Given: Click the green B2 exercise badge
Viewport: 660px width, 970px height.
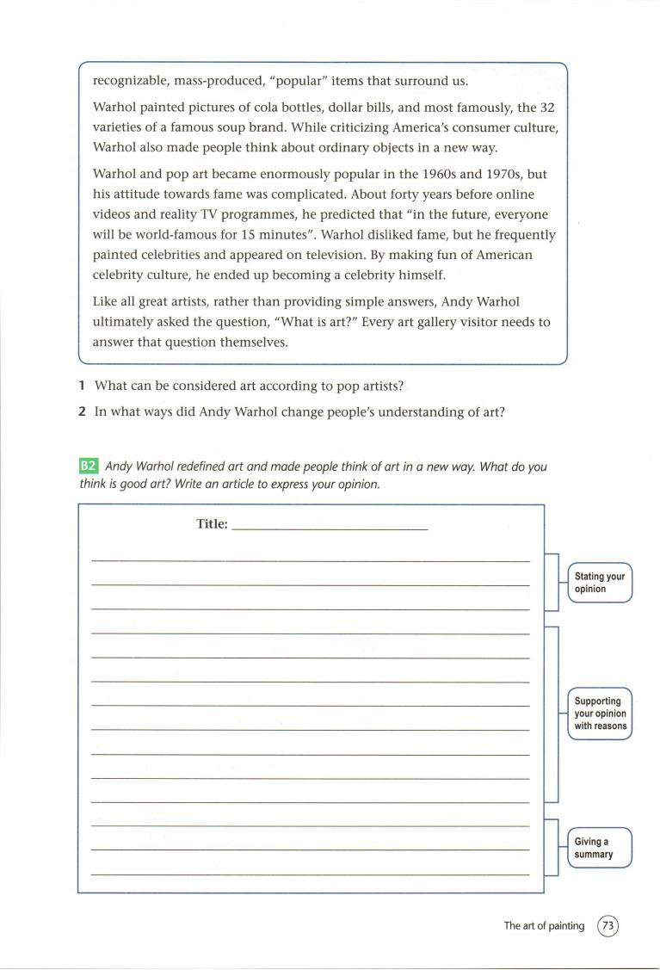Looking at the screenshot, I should (x=89, y=466).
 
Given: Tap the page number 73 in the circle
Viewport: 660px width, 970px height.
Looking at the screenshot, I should (x=608, y=926).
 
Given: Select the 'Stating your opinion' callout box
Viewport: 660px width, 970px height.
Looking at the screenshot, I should (x=600, y=583).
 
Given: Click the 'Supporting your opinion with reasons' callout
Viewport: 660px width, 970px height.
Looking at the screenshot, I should (x=600, y=714).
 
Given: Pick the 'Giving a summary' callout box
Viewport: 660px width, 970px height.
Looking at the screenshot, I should (x=600, y=848).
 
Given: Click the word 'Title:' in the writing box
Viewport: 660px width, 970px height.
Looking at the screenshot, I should (x=212, y=523).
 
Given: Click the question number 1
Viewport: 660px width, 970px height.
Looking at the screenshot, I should (x=81, y=386).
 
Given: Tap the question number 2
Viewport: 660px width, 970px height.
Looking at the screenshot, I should (x=81, y=411).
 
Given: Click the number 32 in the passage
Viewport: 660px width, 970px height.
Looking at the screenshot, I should (x=549, y=108).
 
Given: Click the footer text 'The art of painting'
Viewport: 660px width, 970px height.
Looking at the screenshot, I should (x=544, y=926).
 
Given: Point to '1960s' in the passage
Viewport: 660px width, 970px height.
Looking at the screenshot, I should (x=422, y=173).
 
